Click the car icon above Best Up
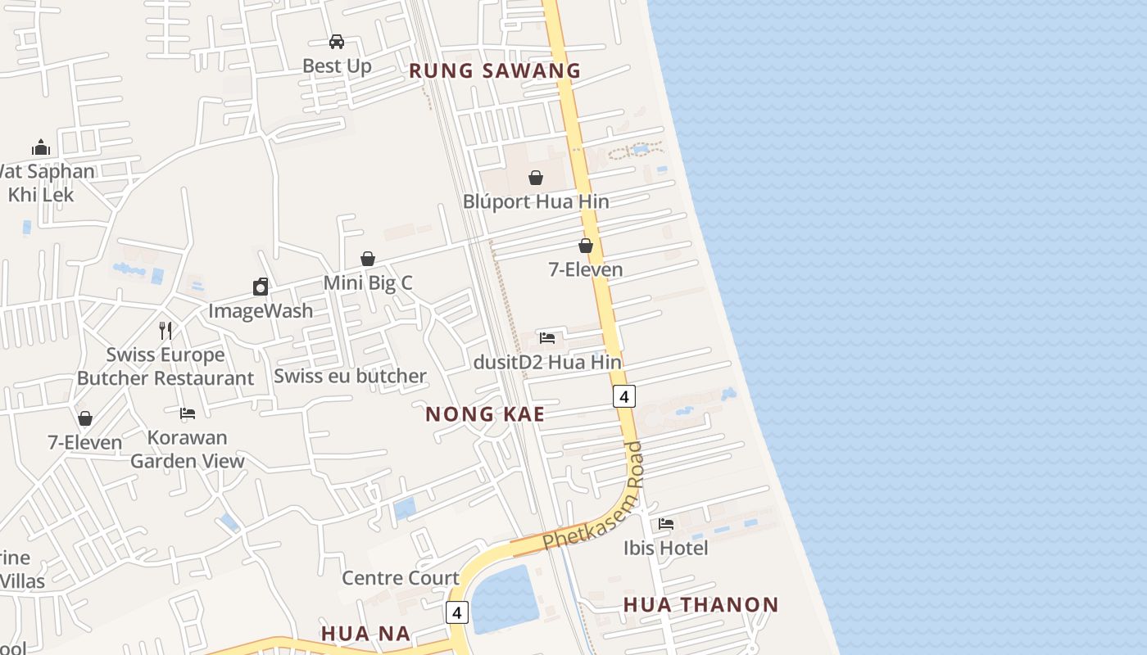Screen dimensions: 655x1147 336,42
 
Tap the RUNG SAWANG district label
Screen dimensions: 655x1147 495,71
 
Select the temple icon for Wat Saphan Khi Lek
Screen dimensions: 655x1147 41,147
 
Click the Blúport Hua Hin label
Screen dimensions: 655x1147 536,201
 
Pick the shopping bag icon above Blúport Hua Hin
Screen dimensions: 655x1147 535,178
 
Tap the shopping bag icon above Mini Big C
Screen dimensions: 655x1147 368,259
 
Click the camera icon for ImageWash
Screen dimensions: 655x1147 261,287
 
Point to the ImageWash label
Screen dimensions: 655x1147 261,311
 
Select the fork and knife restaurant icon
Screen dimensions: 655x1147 165,330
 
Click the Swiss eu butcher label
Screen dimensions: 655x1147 350,376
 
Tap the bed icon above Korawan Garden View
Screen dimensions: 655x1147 188,413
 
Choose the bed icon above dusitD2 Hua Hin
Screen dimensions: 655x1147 547,337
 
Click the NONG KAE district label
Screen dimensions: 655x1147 485,414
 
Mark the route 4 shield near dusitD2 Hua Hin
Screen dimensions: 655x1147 623,396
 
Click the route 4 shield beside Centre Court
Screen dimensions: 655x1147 457,612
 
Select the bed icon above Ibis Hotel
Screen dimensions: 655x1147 666,523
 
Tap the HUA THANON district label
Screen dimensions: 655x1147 700,605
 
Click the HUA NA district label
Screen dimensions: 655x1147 365,634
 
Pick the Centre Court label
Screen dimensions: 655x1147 401,578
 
